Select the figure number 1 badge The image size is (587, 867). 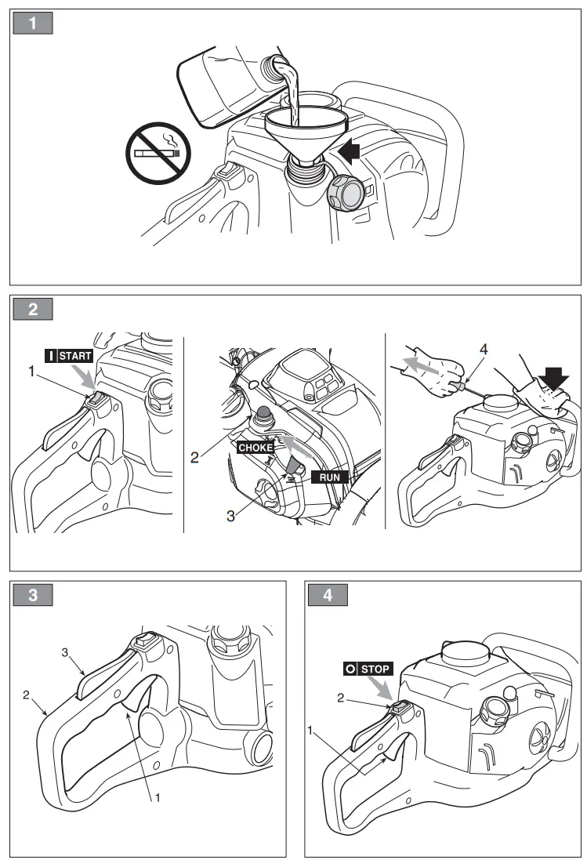click(x=33, y=24)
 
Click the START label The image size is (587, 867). click(x=69, y=356)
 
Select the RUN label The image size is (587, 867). click(x=329, y=476)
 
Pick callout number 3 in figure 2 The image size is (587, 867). click(x=232, y=516)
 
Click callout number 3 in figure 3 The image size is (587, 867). click(x=67, y=651)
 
